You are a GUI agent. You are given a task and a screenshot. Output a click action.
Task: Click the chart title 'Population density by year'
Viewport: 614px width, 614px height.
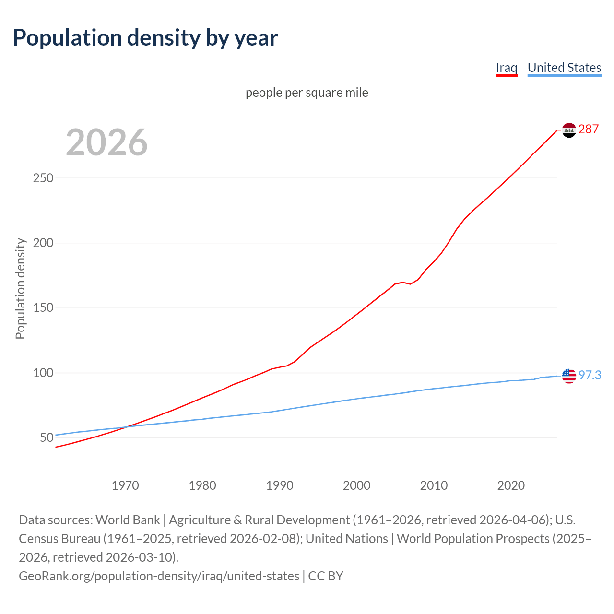(x=145, y=38)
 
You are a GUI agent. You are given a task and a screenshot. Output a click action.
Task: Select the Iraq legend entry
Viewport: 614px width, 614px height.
(x=506, y=68)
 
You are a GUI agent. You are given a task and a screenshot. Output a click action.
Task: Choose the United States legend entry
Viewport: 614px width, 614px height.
(x=564, y=68)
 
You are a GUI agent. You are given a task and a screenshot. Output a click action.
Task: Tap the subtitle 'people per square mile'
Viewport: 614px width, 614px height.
(x=307, y=93)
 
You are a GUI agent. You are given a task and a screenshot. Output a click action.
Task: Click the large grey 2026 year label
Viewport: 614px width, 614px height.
(x=106, y=142)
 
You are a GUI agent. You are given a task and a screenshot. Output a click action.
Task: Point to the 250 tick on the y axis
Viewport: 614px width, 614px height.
(x=43, y=178)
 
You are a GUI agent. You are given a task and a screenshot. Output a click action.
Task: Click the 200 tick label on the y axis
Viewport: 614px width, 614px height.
(x=43, y=243)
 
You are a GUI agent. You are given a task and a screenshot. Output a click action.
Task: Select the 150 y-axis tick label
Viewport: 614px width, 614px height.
(x=43, y=308)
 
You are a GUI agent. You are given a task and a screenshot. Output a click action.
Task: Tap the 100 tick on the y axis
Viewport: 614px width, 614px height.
(x=43, y=373)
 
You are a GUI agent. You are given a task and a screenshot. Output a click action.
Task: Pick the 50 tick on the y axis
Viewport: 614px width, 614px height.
(x=47, y=437)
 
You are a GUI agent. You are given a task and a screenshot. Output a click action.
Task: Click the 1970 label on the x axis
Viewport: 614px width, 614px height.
(x=125, y=485)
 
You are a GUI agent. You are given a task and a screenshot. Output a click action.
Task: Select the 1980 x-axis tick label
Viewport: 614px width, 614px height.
(x=202, y=485)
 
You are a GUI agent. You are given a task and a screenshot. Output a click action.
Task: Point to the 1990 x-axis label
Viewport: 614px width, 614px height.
(x=280, y=485)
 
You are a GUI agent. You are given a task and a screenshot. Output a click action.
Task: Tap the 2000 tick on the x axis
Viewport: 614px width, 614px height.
(x=356, y=485)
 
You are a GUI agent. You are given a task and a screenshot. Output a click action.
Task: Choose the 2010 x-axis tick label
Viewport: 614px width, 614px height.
(x=434, y=485)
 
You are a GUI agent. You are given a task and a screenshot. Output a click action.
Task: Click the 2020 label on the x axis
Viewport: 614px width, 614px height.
(x=511, y=485)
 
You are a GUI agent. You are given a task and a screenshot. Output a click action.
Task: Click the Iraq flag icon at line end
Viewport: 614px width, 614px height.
(x=569, y=130)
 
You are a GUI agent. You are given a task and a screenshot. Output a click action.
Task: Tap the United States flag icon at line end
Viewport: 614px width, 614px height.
(x=569, y=376)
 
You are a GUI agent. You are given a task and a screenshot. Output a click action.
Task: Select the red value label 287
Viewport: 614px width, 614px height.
(x=589, y=130)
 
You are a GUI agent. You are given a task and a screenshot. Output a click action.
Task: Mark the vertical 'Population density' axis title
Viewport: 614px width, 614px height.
(x=20, y=288)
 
